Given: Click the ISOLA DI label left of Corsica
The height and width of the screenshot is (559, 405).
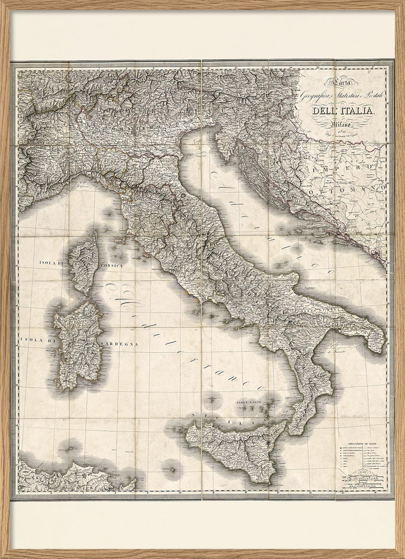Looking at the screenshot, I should click(53, 263).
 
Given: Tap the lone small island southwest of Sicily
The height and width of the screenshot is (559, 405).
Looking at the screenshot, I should click(172, 469).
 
